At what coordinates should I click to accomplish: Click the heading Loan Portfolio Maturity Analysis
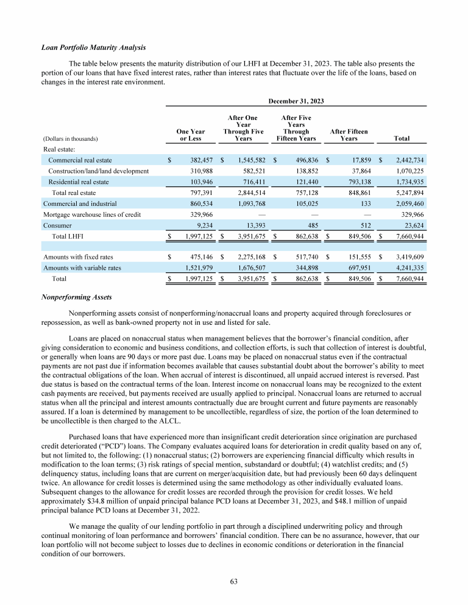92,48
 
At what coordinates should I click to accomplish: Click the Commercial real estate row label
80,160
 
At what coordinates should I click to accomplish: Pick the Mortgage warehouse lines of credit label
91,214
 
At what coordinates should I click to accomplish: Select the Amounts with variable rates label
82,268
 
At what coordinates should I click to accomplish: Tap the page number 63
233,582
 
